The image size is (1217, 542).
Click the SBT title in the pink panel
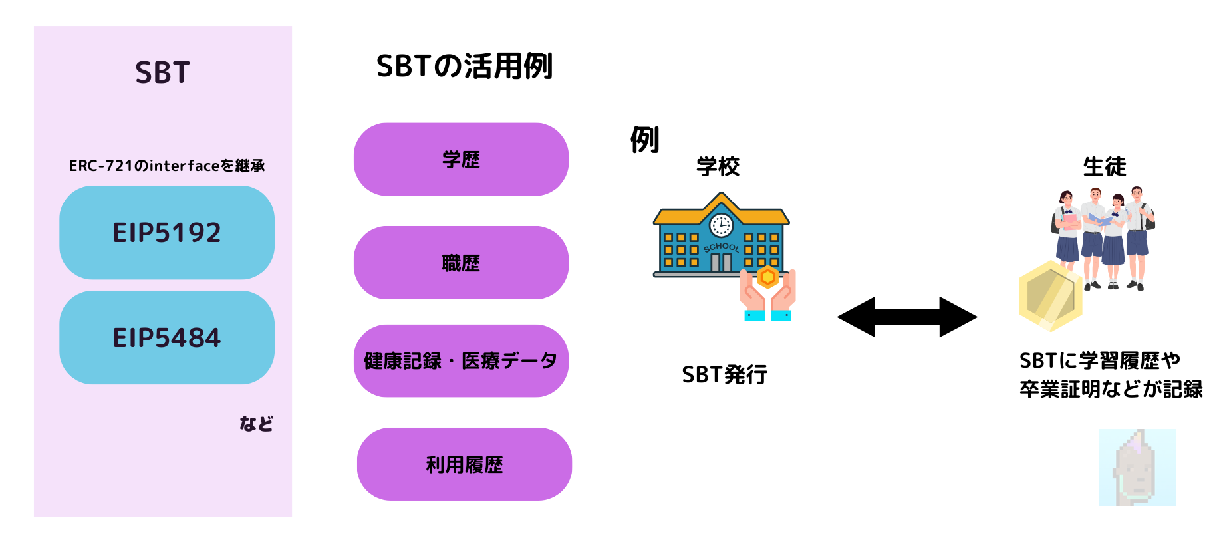point(162,72)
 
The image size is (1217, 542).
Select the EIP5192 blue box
point(167,232)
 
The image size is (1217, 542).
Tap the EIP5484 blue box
point(167,337)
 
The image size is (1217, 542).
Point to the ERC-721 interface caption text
point(167,166)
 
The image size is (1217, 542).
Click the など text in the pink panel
point(256,424)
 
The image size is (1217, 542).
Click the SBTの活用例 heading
point(464,67)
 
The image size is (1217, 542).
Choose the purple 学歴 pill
point(461,159)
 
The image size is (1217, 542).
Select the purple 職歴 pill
point(461,263)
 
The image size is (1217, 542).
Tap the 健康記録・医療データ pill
point(461,361)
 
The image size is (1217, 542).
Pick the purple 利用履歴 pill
point(464,464)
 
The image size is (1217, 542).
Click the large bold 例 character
point(644,140)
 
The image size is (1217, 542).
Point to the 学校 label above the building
point(718,166)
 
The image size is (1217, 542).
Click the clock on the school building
point(721,225)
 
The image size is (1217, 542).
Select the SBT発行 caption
point(724,375)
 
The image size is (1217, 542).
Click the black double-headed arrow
point(907,317)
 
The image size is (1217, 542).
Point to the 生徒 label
point(1105,166)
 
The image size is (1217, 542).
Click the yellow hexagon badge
point(1050,296)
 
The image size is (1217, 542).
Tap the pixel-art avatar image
point(1137,467)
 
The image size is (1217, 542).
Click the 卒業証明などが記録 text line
point(1111,389)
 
